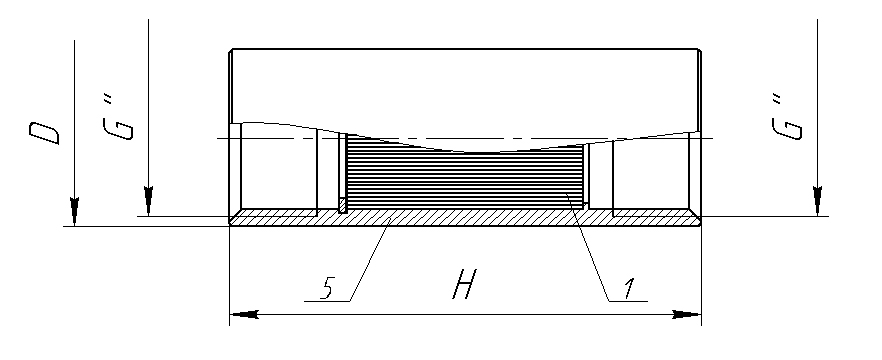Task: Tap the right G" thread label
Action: (786, 117)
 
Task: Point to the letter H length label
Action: (465, 284)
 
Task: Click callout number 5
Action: (328, 287)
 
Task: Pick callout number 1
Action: (628, 287)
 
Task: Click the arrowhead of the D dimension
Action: (74, 212)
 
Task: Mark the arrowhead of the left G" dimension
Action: (148, 201)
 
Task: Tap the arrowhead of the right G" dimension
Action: (817, 201)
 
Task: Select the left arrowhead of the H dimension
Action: (244, 314)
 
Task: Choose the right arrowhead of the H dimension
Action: (687, 314)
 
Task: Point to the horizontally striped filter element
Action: (464, 174)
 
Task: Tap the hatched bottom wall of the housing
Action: (465, 217)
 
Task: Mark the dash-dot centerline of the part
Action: (465, 138)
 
